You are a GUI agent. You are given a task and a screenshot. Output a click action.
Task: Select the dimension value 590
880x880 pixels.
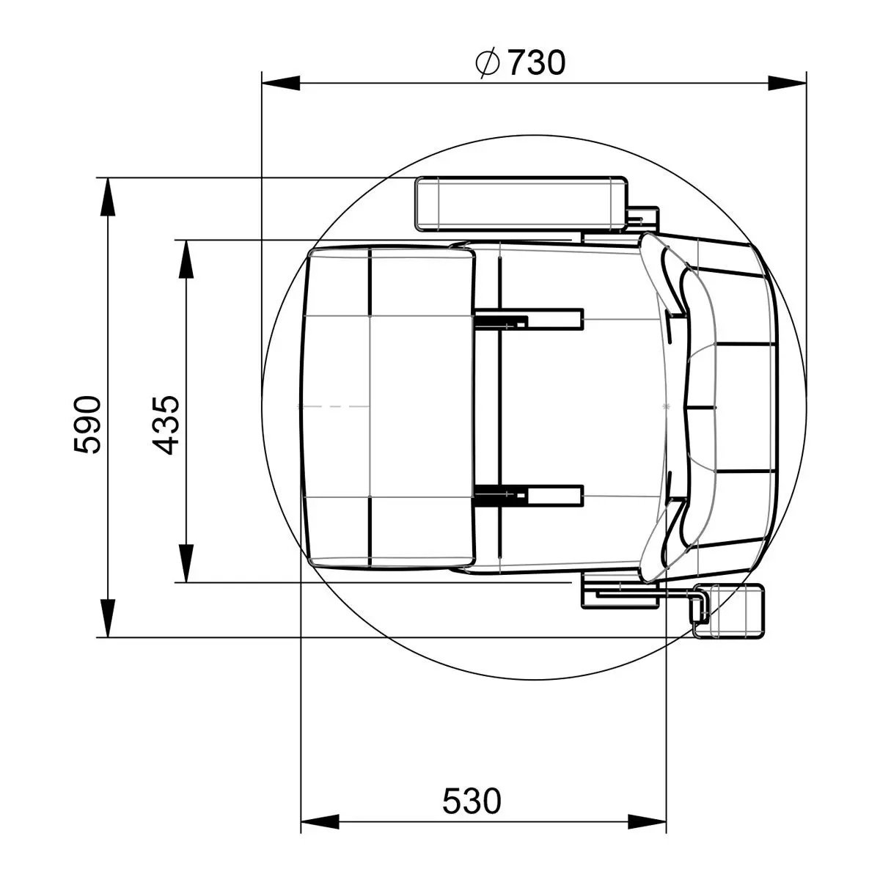tap(87, 425)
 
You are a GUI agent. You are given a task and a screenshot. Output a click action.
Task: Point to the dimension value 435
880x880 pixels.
tap(165, 425)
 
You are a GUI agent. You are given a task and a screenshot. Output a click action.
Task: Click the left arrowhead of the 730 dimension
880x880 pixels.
tap(281, 84)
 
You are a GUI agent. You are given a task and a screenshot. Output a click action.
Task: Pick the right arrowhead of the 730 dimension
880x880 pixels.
tap(787, 84)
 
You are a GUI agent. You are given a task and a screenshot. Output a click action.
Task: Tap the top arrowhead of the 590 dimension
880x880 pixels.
tap(107, 197)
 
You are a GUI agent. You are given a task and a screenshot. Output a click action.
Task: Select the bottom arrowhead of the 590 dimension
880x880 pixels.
tap(107, 618)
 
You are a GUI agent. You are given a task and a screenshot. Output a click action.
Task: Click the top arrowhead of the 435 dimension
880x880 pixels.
tap(186, 259)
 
